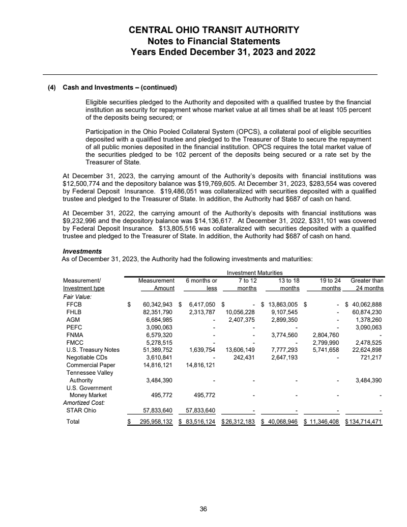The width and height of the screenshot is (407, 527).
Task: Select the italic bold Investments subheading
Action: [x=82, y=252]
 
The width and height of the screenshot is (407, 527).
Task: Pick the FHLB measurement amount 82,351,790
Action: [x=157, y=312]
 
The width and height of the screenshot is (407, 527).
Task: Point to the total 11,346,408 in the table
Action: [x=326, y=422]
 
